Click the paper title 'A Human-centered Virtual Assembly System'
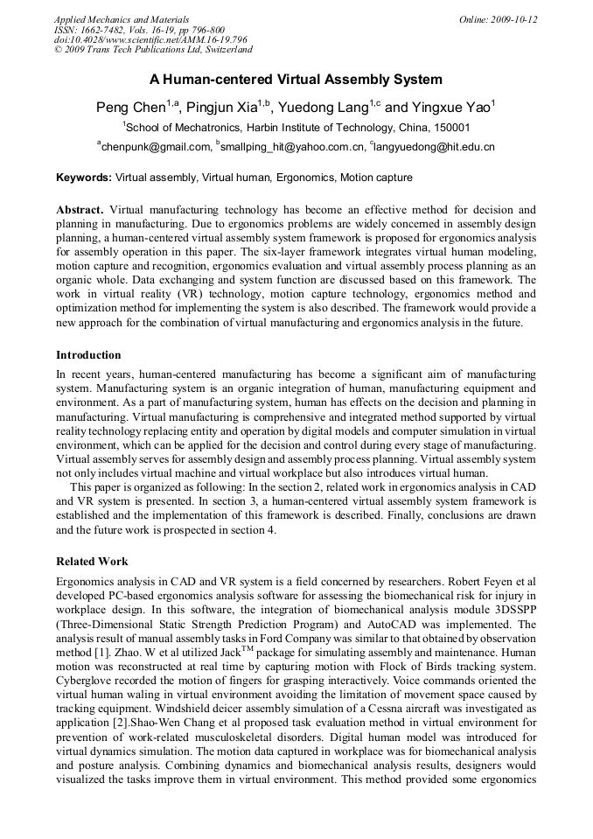[296, 80]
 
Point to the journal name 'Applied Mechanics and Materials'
[121, 19]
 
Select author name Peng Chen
[131, 108]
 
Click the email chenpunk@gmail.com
[156, 147]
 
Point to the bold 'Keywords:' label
[84, 178]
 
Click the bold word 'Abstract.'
[80, 210]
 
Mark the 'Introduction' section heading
[88, 355]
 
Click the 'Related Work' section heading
[92, 561]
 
